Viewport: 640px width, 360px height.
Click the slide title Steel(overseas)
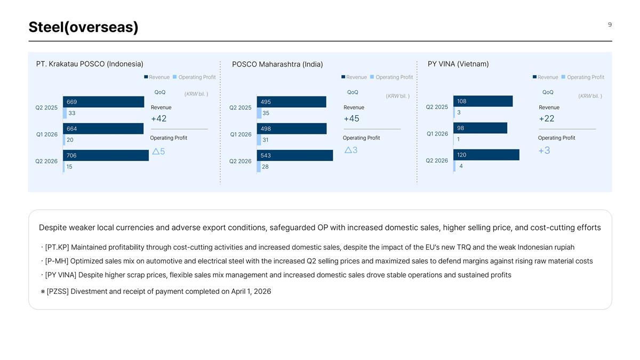pyautogui.click(x=83, y=27)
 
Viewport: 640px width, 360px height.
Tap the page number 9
pyautogui.click(x=610, y=25)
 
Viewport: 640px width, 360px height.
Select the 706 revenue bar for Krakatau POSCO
pyautogui.click(x=106, y=155)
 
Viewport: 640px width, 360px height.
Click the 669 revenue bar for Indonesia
pyautogui.click(x=103, y=102)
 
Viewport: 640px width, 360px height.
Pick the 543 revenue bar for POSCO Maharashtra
pyautogui.click(x=295, y=155)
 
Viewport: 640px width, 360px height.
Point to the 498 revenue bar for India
pyautogui.click(x=292, y=129)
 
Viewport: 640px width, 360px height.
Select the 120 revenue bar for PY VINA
pyautogui.click(x=486, y=155)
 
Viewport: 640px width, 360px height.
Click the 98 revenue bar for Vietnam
pyautogui.click(x=481, y=128)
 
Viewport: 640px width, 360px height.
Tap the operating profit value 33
pyautogui.click(x=71, y=113)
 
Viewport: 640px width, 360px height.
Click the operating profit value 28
pyautogui.click(x=265, y=166)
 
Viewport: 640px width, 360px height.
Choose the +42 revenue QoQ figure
pyautogui.click(x=158, y=118)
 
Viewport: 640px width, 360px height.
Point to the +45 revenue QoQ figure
pyautogui.click(x=351, y=118)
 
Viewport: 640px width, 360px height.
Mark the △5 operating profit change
pyautogui.click(x=158, y=151)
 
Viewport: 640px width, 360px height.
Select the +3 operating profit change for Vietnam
pyautogui.click(x=544, y=150)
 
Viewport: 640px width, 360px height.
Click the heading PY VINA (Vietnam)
pyautogui.click(x=458, y=64)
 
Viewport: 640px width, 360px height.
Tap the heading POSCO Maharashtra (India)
pyautogui.click(x=277, y=65)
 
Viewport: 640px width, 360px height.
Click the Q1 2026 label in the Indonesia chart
pyautogui.click(x=46, y=134)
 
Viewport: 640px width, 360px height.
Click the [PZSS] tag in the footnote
pyautogui.click(x=58, y=291)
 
